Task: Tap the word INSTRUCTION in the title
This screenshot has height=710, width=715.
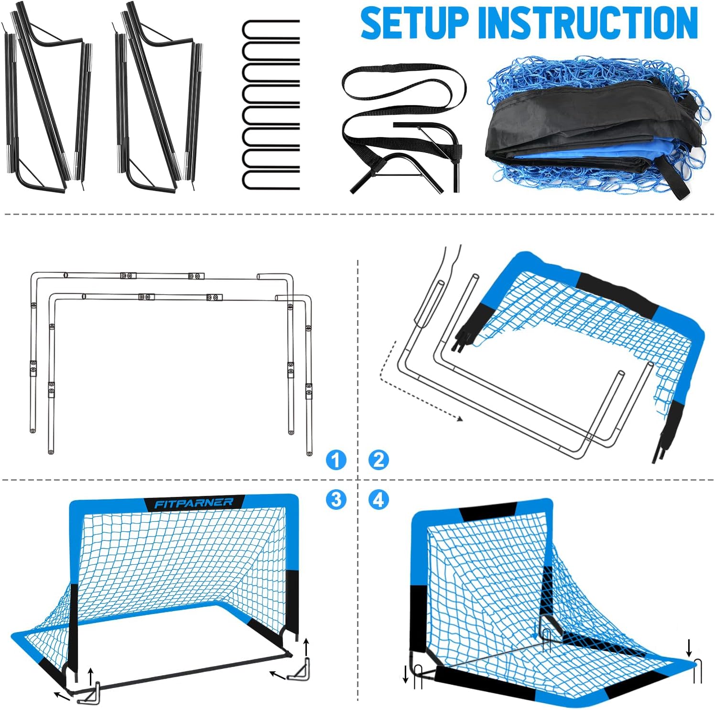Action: [588, 23]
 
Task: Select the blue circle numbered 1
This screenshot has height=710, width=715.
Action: [336, 460]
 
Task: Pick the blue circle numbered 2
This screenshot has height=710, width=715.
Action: [379, 460]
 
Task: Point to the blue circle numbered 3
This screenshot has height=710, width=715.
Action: [336, 499]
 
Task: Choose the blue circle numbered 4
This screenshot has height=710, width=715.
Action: [379, 499]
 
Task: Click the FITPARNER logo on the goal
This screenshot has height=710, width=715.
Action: [194, 503]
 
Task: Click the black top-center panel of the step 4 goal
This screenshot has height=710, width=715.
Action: [487, 511]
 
